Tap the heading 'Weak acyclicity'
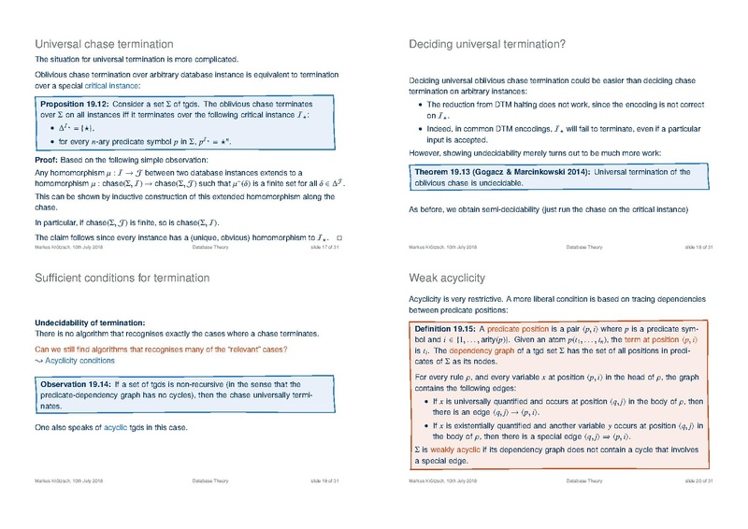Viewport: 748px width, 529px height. coord(443,278)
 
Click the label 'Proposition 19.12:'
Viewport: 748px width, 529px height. coord(77,100)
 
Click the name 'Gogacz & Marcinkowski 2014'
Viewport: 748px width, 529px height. coord(538,173)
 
